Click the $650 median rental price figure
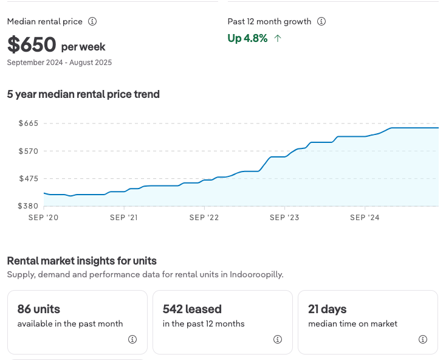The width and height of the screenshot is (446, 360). tap(32, 44)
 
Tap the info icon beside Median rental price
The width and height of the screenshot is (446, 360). tap(92, 21)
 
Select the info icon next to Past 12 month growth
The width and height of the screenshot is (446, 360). tap(321, 21)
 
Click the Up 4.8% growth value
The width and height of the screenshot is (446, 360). tap(247, 38)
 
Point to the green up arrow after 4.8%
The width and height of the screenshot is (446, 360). tap(278, 38)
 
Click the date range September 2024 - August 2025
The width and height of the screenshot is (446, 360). tap(60, 63)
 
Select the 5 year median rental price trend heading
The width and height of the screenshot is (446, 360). tap(83, 94)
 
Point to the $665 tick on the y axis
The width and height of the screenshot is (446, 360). tap(29, 123)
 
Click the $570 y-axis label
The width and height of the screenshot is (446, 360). tap(29, 151)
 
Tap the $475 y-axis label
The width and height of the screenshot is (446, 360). tap(29, 179)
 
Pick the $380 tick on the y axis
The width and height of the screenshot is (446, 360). tap(29, 206)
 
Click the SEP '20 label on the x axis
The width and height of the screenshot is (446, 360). tap(44, 218)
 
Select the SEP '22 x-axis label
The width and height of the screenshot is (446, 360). tap(205, 218)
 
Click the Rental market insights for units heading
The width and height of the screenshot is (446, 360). tap(82, 261)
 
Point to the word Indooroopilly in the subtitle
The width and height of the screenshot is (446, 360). tap(256, 274)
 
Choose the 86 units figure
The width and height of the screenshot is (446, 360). tap(39, 309)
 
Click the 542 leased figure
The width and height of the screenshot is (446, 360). tap(192, 309)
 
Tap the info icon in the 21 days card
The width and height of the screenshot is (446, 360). tap(423, 339)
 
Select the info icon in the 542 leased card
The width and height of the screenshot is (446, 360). tap(278, 339)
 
